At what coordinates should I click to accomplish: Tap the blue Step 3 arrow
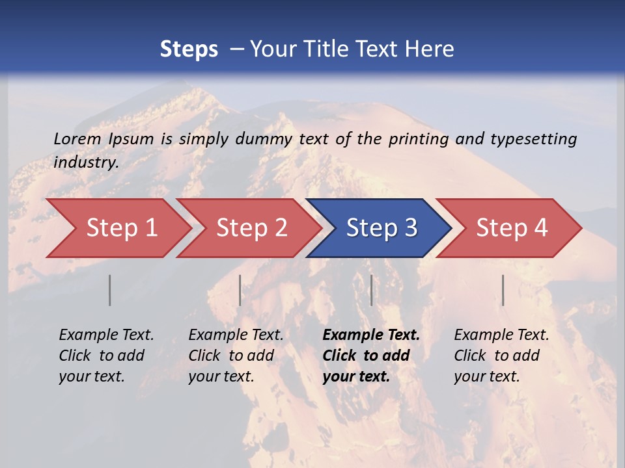coord(382,227)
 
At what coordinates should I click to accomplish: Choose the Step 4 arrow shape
coord(512,227)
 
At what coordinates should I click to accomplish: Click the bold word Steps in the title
coord(189,49)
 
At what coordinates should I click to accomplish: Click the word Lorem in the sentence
coord(77,138)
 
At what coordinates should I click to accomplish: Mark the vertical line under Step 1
coord(110,290)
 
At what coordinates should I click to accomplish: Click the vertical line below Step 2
coord(240,290)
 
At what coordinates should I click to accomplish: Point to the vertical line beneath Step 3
coord(371,290)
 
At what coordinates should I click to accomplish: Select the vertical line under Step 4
coord(503,290)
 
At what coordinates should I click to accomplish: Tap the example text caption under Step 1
coord(106,356)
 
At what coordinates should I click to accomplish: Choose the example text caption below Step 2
coord(236,356)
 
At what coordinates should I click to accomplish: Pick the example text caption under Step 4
coord(501,356)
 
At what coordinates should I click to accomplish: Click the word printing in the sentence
coord(419,138)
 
